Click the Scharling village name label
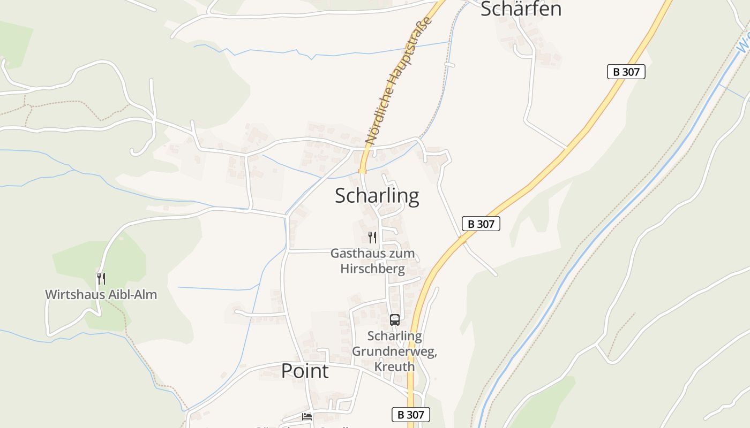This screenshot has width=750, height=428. (377, 196)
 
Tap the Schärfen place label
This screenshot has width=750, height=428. (521, 9)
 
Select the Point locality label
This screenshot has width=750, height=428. (305, 371)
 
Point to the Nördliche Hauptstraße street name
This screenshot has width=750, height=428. (398, 80)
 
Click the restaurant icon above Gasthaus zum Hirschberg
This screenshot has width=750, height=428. (372, 237)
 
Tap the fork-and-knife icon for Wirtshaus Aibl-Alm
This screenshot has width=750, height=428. (101, 278)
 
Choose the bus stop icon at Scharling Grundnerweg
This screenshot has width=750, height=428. (395, 320)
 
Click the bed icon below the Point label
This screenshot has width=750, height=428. (307, 416)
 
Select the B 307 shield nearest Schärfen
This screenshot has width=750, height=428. (626, 72)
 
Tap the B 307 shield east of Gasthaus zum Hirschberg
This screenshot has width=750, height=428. (481, 224)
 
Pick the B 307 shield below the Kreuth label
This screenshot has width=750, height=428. (410, 415)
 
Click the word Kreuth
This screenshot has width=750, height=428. (394, 366)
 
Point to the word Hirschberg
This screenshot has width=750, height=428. (372, 268)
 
